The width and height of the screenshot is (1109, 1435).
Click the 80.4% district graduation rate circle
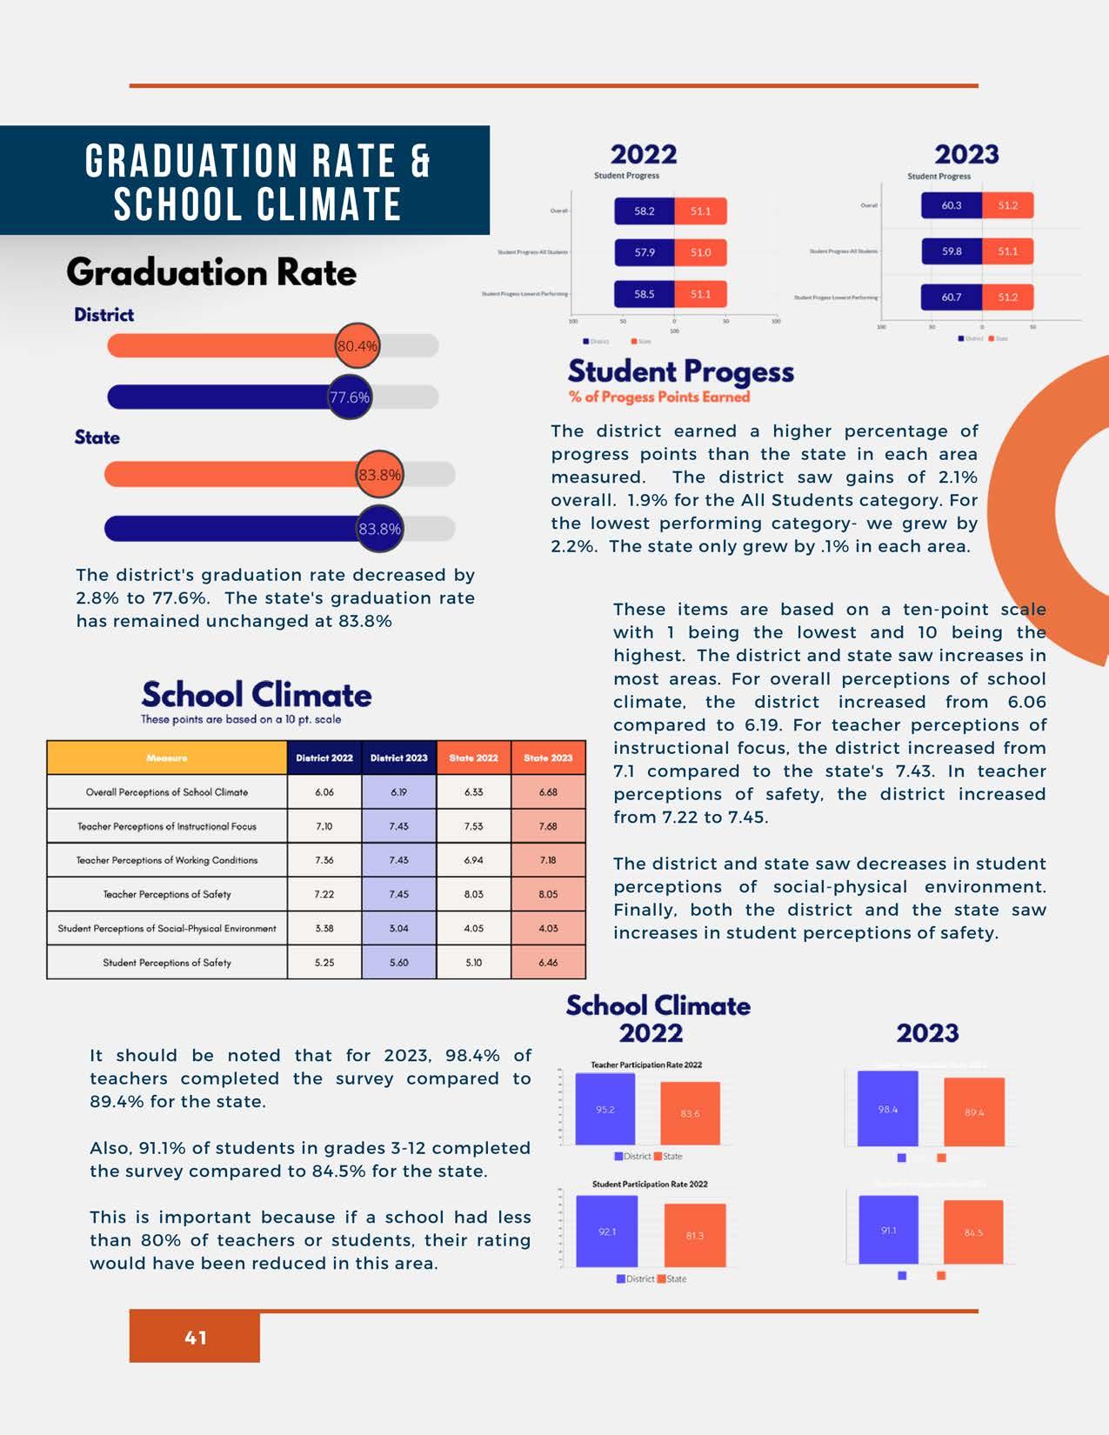357,346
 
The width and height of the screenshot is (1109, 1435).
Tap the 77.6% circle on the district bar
350,397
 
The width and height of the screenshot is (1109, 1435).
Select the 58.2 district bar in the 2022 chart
644,211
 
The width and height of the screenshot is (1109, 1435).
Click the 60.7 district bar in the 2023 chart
951,297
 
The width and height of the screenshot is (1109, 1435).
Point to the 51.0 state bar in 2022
700,253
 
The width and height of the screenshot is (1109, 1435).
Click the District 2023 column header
398,758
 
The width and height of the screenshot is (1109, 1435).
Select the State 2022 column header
473,758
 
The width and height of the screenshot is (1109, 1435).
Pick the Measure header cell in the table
167,758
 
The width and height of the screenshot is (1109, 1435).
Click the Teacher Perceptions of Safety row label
167,894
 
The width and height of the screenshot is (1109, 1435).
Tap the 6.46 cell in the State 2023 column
548,963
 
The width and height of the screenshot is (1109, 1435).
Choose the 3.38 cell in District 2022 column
324,929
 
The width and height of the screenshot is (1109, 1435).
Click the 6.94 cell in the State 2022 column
473,860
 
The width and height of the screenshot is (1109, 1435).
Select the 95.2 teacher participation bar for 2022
605,1110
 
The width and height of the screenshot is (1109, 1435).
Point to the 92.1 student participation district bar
607,1231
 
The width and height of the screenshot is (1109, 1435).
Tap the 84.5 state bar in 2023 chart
973,1232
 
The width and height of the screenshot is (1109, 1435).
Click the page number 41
196,1338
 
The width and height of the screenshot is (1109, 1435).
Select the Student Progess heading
680,372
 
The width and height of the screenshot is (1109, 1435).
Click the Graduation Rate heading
211,272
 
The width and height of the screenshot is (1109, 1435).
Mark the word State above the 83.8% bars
97,437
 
